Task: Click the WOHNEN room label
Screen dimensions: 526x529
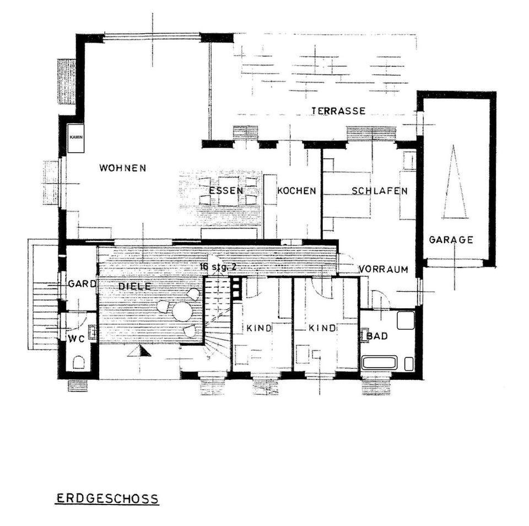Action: point(122,168)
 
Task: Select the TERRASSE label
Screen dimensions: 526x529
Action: point(338,111)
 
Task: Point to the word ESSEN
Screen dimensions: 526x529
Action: point(225,191)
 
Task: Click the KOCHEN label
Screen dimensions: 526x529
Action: point(296,191)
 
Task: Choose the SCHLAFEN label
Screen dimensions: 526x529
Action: point(379,191)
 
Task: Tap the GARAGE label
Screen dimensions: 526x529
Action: point(451,240)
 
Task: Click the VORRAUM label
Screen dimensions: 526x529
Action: point(383,270)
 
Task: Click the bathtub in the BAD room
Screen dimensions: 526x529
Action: point(380,363)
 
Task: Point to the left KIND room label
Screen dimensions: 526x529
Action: point(258,329)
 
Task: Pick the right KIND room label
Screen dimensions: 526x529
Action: point(322,329)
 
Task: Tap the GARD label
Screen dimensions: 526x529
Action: point(82,285)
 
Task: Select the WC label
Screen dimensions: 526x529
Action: point(75,338)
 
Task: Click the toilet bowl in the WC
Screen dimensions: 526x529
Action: point(78,362)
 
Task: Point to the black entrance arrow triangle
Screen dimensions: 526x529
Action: point(140,351)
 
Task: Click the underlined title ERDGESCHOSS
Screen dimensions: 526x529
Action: point(107,499)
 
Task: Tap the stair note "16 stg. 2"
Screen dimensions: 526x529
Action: point(218,267)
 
